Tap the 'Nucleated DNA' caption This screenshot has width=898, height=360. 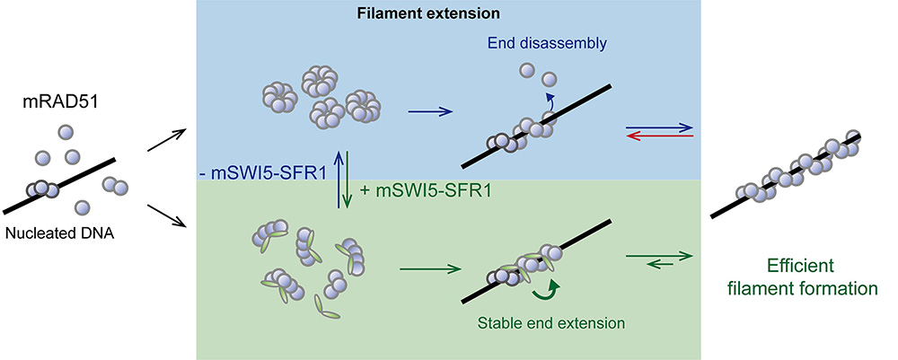pyautogui.click(x=63, y=233)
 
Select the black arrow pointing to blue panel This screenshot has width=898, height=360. pyautogui.click(x=166, y=142)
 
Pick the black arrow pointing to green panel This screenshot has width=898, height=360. pyautogui.click(x=166, y=215)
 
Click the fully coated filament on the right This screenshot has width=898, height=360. pyautogui.click(x=787, y=175)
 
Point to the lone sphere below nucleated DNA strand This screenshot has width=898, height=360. pyautogui.click(x=83, y=208)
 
